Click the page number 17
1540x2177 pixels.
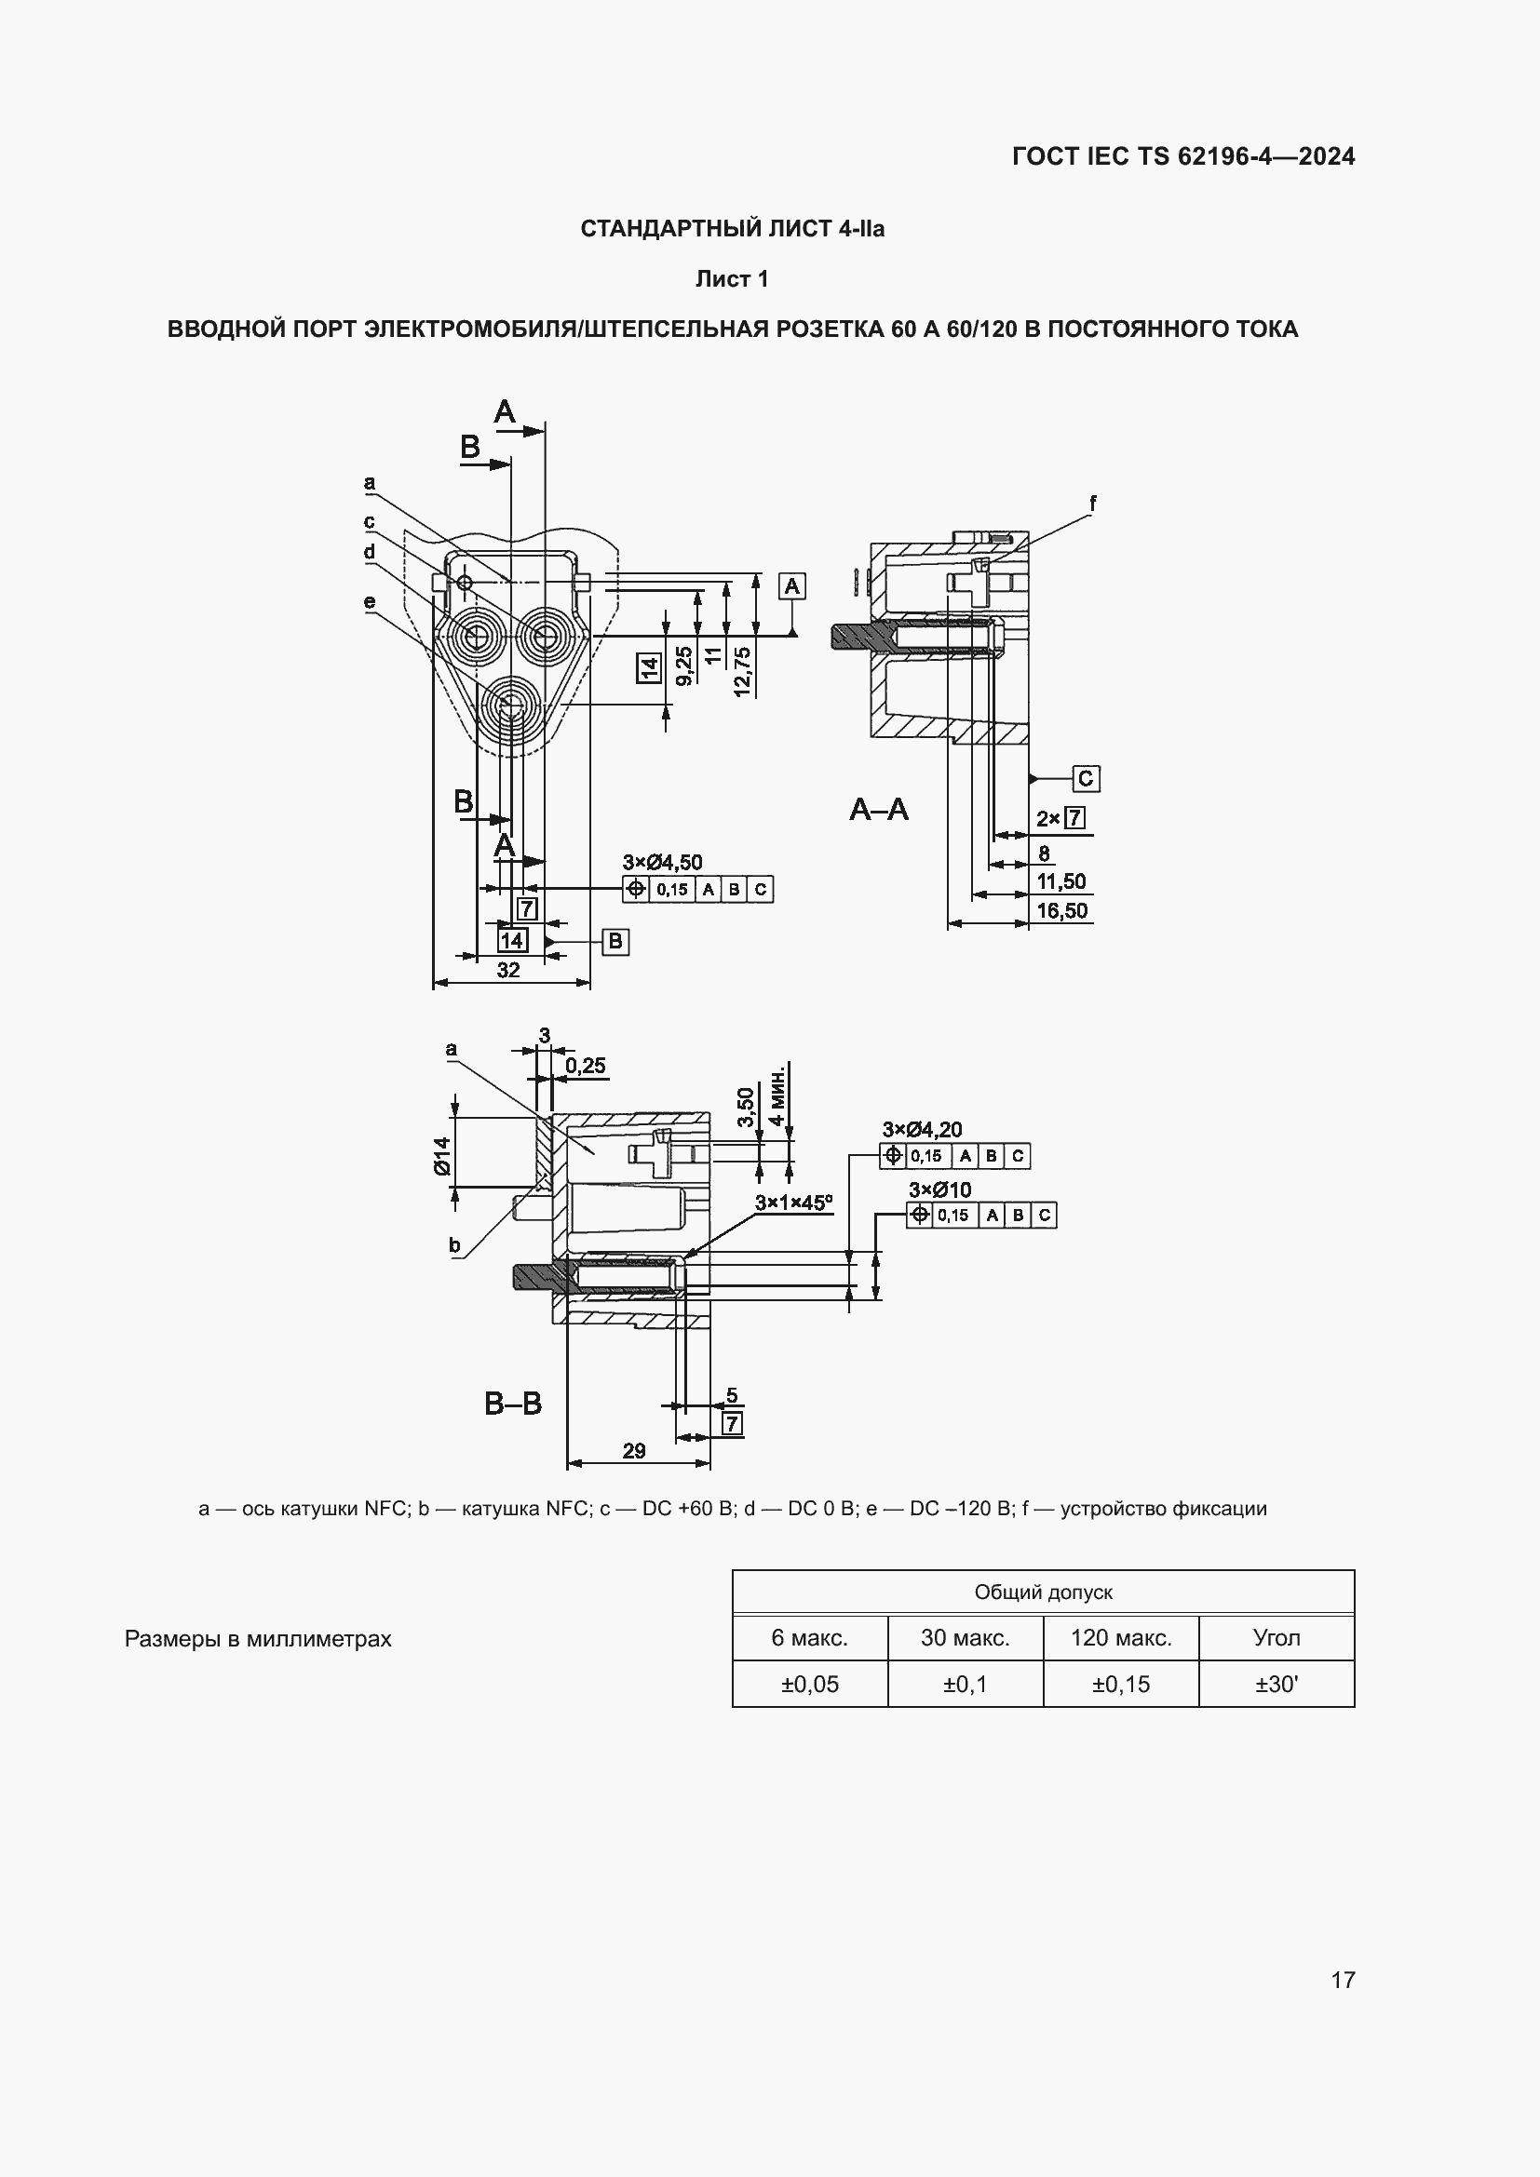1343,1979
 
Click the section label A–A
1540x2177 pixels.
878,810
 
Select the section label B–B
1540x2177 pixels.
512,1404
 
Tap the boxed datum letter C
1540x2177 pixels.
1086,778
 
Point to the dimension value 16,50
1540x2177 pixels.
1061,910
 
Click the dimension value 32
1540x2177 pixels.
508,969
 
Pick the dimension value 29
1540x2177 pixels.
633,1450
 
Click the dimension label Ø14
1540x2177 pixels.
443,1156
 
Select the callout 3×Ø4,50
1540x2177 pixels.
662,862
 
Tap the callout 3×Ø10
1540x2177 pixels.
939,1189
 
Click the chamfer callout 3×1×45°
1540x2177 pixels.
793,1203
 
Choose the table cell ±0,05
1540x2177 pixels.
810,1684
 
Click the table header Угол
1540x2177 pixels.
1277,1637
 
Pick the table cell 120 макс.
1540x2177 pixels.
1121,1637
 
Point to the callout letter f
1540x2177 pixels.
1092,504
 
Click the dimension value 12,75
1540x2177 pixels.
742,671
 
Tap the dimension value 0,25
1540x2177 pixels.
585,1065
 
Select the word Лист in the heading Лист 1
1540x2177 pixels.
719,279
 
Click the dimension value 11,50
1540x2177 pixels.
1061,880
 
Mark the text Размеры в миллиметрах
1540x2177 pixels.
258,1639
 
